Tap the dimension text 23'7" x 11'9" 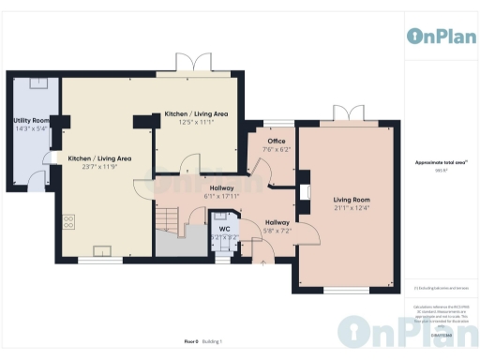[x=98, y=167]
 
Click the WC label [x=224, y=229]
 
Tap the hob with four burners [x=68, y=222]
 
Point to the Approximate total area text [x=440, y=162]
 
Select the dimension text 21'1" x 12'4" [x=352, y=207]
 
